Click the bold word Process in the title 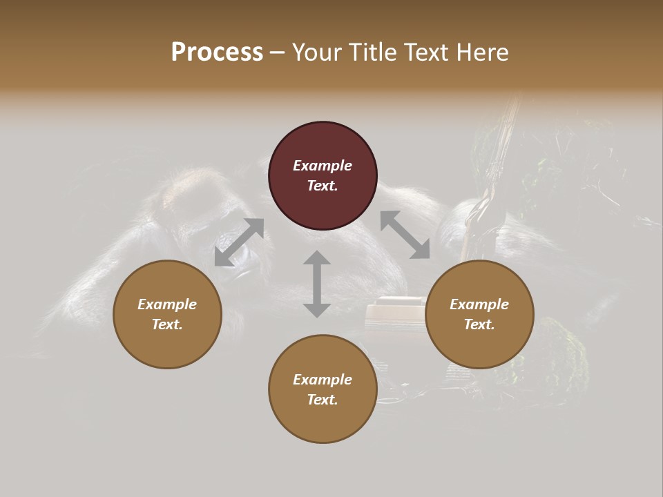pos(217,52)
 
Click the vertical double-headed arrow pos(317,284)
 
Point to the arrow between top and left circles pos(239,242)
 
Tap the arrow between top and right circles pos(405,235)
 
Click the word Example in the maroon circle pos(323,166)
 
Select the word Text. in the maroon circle pos(323,186)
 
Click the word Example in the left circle pos(167,304)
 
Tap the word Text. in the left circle pos(167,324)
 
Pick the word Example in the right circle pos(479,304)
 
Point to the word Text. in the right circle pos(479,324)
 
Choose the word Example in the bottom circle pos(323,380)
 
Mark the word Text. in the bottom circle pos(323,400)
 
